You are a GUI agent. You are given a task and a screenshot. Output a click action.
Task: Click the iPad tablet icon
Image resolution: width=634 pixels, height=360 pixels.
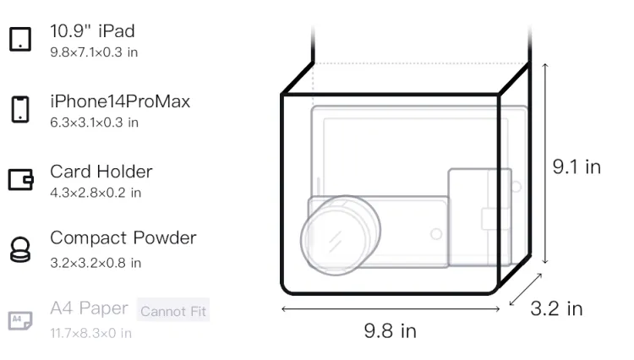(20, 39)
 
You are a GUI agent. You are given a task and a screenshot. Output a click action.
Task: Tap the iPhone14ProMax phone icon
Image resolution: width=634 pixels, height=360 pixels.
(20, 109)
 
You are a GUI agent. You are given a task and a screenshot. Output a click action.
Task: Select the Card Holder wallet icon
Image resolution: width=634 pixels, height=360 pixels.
(20, 179)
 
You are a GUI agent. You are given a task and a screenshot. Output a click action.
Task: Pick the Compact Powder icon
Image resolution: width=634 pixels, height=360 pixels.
(20, 249)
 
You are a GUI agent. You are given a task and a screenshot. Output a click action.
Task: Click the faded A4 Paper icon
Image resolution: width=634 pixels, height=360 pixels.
(20, 320)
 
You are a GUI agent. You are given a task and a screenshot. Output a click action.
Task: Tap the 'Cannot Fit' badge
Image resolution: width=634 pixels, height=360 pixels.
(173, 311)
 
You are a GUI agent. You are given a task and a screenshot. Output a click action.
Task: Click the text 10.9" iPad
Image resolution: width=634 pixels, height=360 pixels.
(92, 31)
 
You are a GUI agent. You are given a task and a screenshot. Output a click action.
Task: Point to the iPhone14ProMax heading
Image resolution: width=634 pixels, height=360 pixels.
(120, 101)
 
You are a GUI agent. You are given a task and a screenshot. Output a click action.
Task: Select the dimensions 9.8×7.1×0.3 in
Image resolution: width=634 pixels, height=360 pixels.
(94, 52)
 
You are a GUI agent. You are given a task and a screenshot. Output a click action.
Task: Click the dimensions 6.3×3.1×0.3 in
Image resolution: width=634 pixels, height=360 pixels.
(94, 123)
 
